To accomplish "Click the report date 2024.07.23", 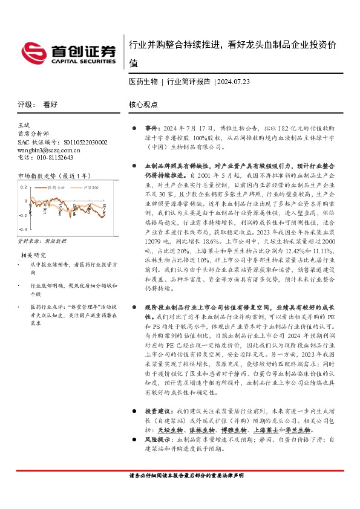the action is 232,80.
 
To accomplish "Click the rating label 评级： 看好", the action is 38,104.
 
